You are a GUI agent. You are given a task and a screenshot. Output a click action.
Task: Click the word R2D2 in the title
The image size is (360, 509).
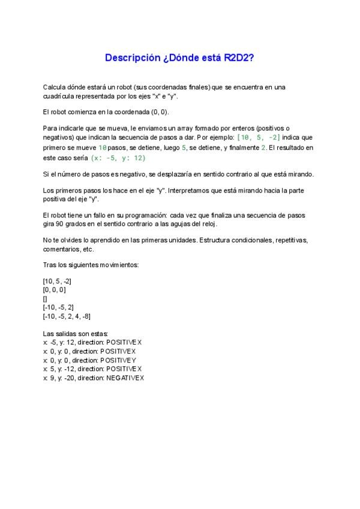pyautogui.click(x=239, y=58)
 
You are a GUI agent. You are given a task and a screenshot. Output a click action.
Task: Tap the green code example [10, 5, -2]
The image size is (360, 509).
pyautogui.click(x=259, y=137)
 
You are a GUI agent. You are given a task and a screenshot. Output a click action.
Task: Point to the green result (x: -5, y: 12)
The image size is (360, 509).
pyautogui.click(x=118, y=158)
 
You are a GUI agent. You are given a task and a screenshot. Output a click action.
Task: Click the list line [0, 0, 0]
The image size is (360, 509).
pyautogui.click(x=54, y=289)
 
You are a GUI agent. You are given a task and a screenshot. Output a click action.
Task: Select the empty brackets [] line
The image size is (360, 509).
pyautogui.click(x=46, y=298)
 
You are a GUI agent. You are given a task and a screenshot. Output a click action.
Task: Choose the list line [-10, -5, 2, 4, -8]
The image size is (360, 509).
pyautogui.click(x=67, y=316)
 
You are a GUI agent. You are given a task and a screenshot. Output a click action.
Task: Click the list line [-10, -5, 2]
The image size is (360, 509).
pyautogui.click(x=58, y=307)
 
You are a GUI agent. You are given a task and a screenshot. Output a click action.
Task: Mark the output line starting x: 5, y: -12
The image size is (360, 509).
pyautogui.click(x=92, y=369)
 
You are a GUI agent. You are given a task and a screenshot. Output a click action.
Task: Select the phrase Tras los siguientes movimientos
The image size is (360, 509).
pyautogui.click(x=91, y=265)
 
